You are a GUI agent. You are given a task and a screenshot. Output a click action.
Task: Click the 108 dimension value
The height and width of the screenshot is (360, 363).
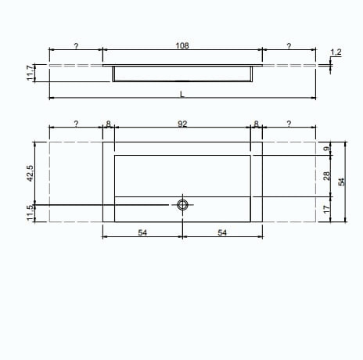click(182, 45)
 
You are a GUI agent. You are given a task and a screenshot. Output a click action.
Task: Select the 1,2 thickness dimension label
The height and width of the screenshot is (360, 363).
click(336, 52)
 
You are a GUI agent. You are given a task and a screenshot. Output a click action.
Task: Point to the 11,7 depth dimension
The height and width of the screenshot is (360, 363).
click(31, 73)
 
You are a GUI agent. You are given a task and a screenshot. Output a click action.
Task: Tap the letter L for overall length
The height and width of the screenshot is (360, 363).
click(182, 94)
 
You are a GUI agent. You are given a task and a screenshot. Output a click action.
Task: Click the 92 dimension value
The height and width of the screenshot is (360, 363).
click(182, 124)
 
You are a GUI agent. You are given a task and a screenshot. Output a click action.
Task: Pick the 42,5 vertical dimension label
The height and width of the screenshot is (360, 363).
click(31, 173)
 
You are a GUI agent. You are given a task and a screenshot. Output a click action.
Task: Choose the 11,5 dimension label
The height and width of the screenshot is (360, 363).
click(31, 213)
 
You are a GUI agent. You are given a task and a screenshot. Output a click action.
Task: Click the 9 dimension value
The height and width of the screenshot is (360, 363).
click(326, 149)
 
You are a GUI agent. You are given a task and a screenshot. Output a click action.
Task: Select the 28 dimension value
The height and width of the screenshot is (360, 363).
click(326, 176)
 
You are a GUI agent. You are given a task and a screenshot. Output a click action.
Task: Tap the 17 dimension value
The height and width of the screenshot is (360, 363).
click(326, 209)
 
